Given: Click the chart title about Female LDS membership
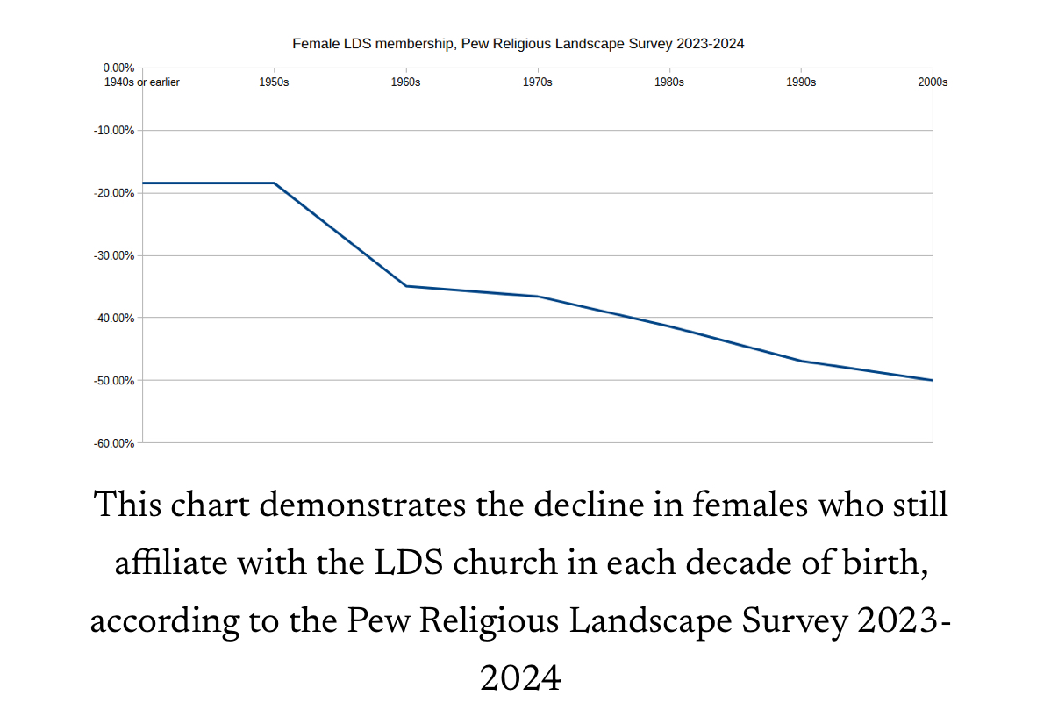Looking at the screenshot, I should tap(518, 42).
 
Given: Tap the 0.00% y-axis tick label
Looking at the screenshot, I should tap(118, 68).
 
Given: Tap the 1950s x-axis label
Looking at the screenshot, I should tap(275, 82).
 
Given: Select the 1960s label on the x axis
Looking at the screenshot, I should tap(405, 82).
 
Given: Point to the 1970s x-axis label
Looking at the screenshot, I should tap(538, 82).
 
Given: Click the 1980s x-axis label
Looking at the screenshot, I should tap(669, 82).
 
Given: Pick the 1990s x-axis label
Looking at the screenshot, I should tap(801, 82).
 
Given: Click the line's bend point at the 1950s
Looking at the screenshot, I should tap(275, 183).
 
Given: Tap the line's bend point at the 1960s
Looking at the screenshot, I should tap(405, 286).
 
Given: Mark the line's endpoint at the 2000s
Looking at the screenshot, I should tap(933, 380).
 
